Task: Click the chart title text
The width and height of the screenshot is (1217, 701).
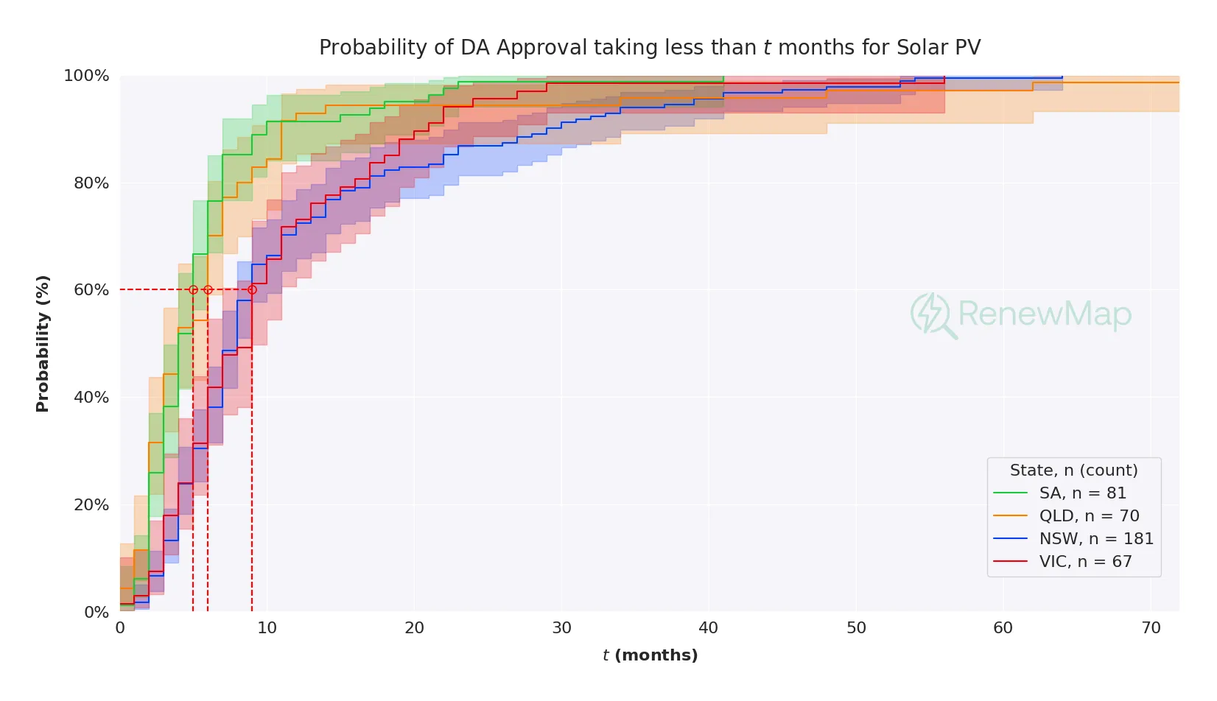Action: [649, 48]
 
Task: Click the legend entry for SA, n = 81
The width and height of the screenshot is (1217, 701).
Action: [1082, 493]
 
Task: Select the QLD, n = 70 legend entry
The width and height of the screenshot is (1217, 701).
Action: [1089, 516]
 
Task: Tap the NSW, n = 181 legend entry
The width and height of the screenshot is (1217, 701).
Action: [1095, 539]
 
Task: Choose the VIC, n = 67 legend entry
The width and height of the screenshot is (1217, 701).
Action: [1085, 562]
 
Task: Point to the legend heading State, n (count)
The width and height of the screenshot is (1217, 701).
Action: [1073, 471]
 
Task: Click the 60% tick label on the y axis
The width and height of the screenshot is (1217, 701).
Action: [91, 290]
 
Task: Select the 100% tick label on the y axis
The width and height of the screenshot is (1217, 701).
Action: [87, 76]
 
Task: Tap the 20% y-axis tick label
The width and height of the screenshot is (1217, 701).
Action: [91, 505]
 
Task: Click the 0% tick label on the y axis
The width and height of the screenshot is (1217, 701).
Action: [97, 613]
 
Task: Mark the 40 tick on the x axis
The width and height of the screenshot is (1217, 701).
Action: [708, 628]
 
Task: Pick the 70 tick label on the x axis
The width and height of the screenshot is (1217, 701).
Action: [1150, 628]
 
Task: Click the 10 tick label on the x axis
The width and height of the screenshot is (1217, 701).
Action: [267, 628]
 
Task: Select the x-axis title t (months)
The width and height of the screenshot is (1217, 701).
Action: [650, 655]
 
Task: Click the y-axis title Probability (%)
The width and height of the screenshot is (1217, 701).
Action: [43, 343]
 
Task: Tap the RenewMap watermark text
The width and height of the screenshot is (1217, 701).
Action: [1044, 314]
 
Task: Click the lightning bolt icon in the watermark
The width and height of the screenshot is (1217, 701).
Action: [930, 313]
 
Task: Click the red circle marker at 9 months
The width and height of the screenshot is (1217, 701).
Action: [252, 290]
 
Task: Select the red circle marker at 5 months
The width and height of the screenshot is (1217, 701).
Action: [193, 290]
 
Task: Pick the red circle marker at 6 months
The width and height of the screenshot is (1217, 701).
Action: [208, 290]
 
